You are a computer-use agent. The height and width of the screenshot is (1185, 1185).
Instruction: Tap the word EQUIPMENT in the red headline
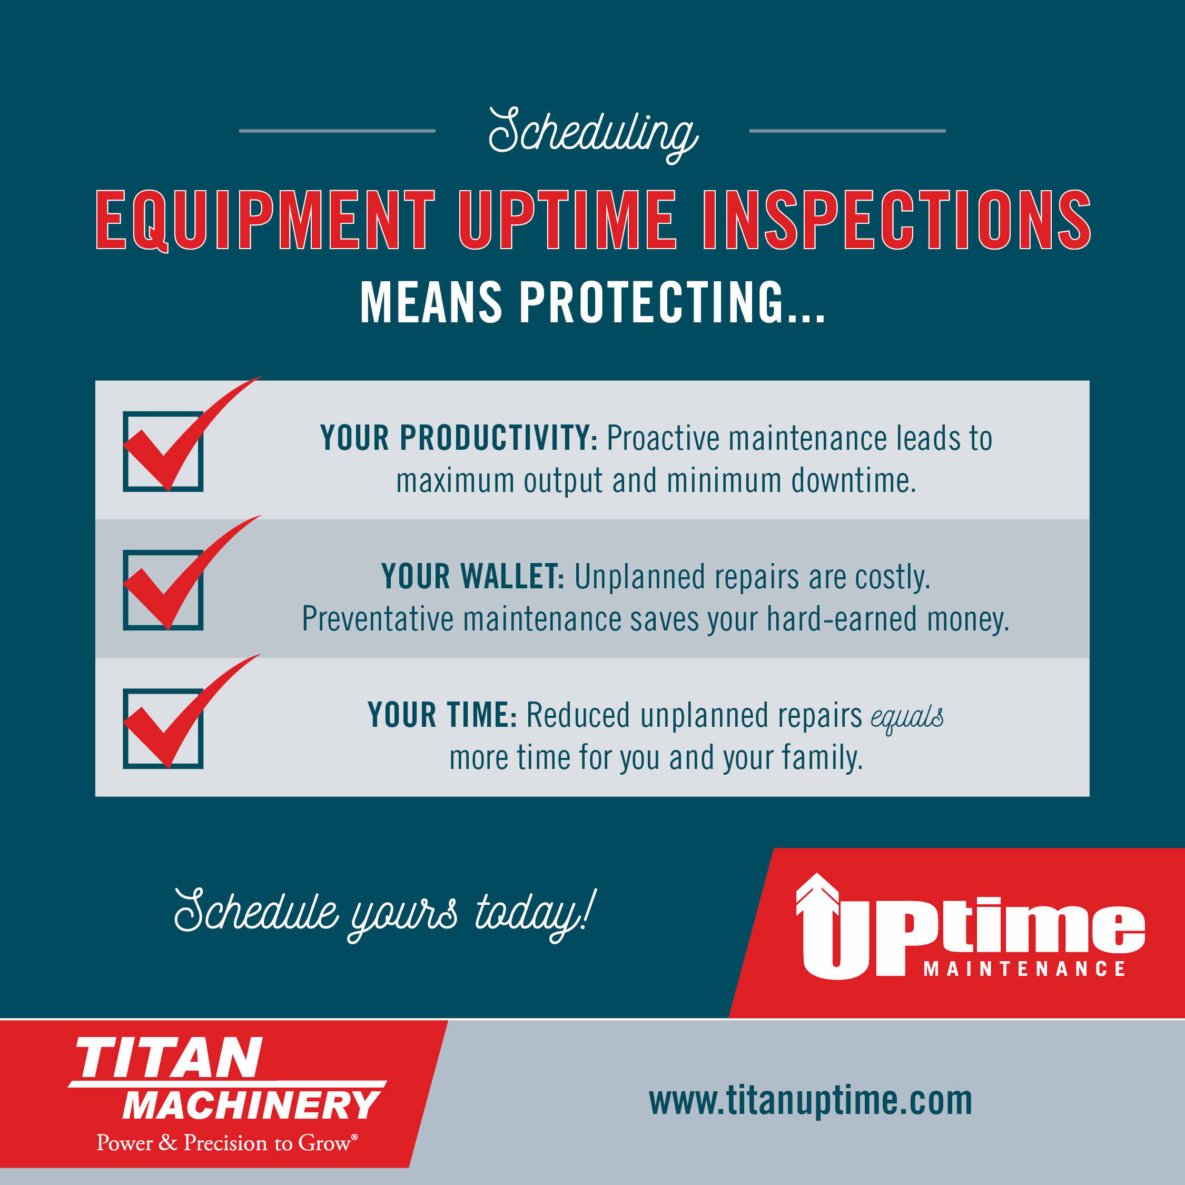tap(265, 220)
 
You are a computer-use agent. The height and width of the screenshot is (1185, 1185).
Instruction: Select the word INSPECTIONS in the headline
tap(897, 220)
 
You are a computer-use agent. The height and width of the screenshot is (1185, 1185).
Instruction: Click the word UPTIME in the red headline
tap(568, 220)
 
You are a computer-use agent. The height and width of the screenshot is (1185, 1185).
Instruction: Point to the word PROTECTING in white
tap(651, 302)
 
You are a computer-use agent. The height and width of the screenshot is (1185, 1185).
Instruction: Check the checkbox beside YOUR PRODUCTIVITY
tap(163, 451)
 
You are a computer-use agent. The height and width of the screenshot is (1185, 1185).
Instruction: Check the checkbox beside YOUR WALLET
tap(163, 590)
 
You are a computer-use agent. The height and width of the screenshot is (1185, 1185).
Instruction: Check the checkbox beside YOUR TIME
tap(163, 729)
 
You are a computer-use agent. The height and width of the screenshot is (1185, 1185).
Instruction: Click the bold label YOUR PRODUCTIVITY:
tap(459, 438)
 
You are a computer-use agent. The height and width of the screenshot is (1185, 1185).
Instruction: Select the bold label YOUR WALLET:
tap(473, 577)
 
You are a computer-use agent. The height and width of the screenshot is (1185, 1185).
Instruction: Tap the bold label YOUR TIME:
tap(442, 715)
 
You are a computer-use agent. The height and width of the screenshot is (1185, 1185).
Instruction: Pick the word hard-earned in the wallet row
tap(842, 619)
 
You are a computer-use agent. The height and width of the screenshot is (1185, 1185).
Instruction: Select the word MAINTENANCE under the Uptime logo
tap(1024, 969)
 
